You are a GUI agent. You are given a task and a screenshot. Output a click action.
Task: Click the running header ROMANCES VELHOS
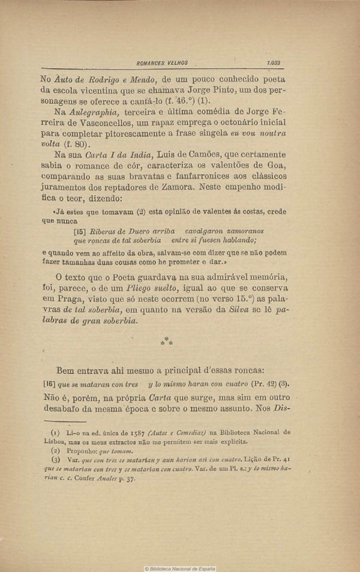click(x=162, y=62)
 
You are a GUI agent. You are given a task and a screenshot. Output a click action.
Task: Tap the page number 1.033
click(x=273, y=62)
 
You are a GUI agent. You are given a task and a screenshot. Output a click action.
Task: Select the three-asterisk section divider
click(x=166, y=342)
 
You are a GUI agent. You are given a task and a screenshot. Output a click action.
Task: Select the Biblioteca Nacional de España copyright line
click(x=179, y=568)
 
